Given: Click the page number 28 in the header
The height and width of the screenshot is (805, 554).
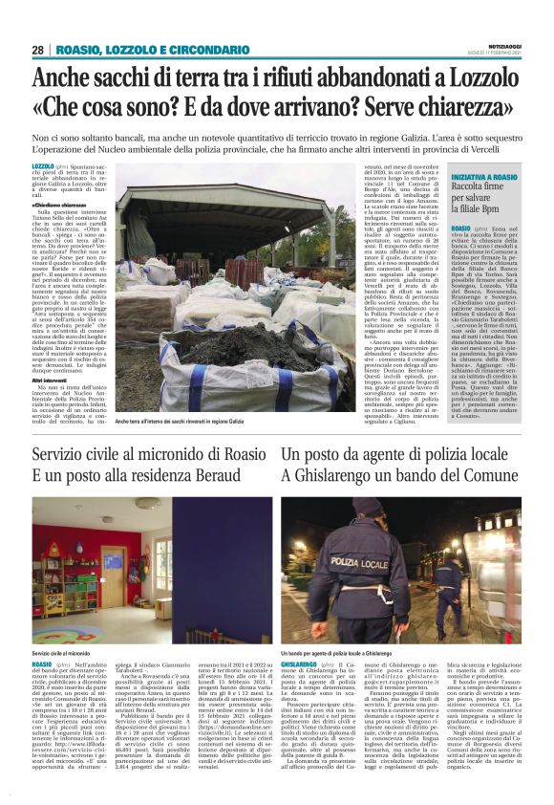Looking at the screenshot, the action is (x=38, y=50).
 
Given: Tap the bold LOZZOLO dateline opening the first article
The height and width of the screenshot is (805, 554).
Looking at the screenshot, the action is (x=43, y=166).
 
